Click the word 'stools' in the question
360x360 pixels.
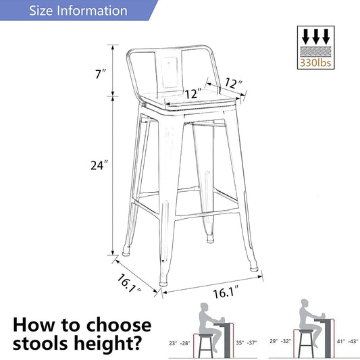tap(41, 343)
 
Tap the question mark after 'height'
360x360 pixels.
tap(136, 343)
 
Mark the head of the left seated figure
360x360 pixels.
tap(204, 309)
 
